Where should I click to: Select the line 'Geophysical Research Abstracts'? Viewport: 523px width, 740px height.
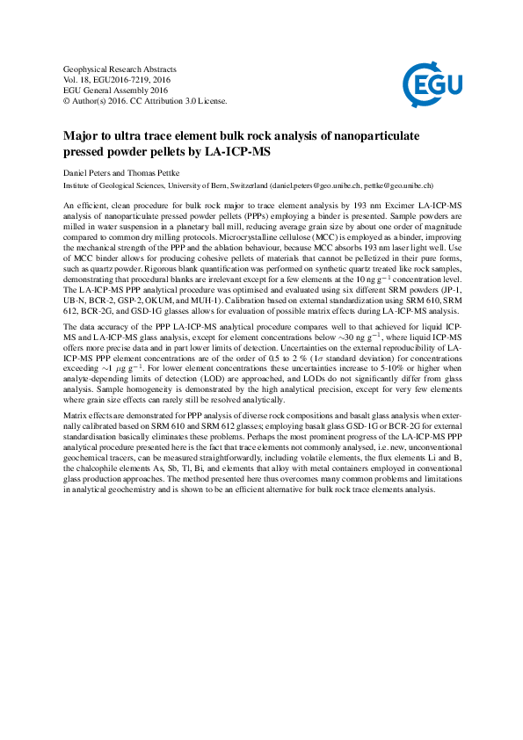pyautogui.click(x=120, y=69)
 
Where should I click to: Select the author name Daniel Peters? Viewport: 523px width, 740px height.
pyautogui.click(x=89, y=173)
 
